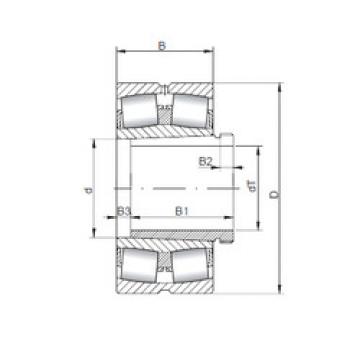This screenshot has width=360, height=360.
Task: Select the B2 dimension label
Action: pyautogui.click(x=207, y=161)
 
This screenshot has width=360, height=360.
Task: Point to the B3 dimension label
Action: pyautogui.click(x=124, y=211)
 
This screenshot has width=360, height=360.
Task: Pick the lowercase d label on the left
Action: pyautogui.click(x=90, y=187)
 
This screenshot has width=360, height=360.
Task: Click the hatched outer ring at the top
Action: pyautogui.click(x=166, y=83)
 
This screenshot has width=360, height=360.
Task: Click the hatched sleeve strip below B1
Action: pyautogui.click(x=175, y=235)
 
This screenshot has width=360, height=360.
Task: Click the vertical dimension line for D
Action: pyautogui.click(x=277, y=187)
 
